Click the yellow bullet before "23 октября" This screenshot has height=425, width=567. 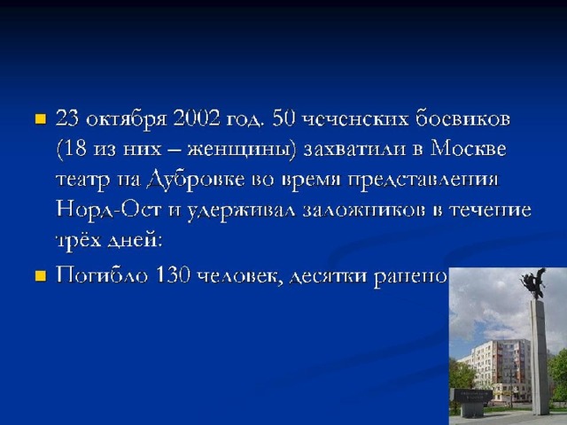click(x=41, y=119)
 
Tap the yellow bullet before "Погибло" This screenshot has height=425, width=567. click(x=41, y=276)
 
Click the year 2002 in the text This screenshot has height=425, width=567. click(x=197, y=118)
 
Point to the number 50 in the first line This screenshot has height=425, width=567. click(x=283, y=118)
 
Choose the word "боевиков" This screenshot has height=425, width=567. click(x=462, y=119)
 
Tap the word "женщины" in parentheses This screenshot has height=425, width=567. click(x=240, y=150)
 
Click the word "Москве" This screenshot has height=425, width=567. click(x=468, y=148)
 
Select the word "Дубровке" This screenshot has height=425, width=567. click(x=196, y=180)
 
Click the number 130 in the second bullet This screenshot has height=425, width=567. click(x=173, y=275)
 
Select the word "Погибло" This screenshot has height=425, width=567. click(x=102, y=275)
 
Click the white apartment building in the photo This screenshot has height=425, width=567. click(x=498, y=369)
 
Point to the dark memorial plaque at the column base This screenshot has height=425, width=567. click(x=473, y=395)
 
